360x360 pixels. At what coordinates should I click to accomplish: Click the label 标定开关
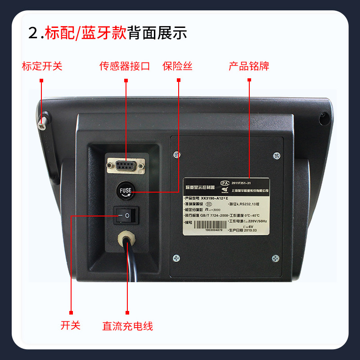[x=42, y=67]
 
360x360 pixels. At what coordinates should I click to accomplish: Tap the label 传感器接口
[x=125, y=67]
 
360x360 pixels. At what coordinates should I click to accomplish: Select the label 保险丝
[x=177, y=67]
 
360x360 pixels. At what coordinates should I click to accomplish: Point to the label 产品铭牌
[x=249, y=67]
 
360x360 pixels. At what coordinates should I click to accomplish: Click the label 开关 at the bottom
[x=71, y=325]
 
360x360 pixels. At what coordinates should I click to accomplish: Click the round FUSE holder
[x=126, y=190]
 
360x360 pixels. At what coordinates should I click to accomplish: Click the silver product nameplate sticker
[x=226, y=207]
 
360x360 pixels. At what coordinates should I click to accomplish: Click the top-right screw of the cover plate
[x=275, y=156]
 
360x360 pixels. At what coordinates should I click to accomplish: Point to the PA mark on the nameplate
[x=225, y=183]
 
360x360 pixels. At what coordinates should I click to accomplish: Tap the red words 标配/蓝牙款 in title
[x=85, y=33]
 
